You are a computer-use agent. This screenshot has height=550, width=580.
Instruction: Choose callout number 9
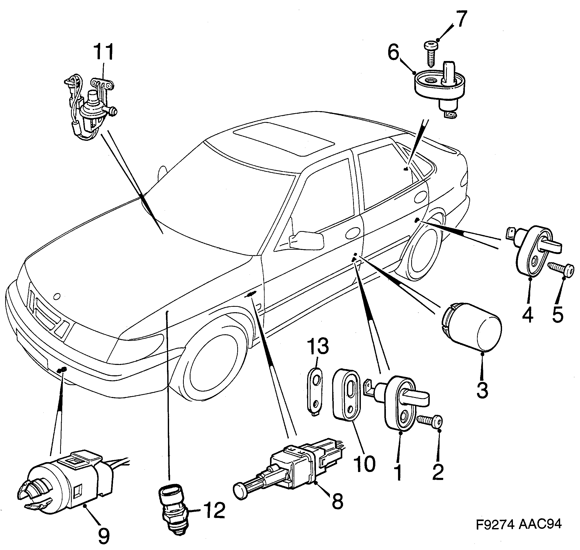[x=103, y=535]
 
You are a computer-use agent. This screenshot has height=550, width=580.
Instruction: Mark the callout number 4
[x=527, y=315]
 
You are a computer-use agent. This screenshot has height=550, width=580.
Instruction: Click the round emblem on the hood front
[x=57, y=296]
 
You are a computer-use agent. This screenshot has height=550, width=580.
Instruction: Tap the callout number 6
[x=393, y=53]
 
